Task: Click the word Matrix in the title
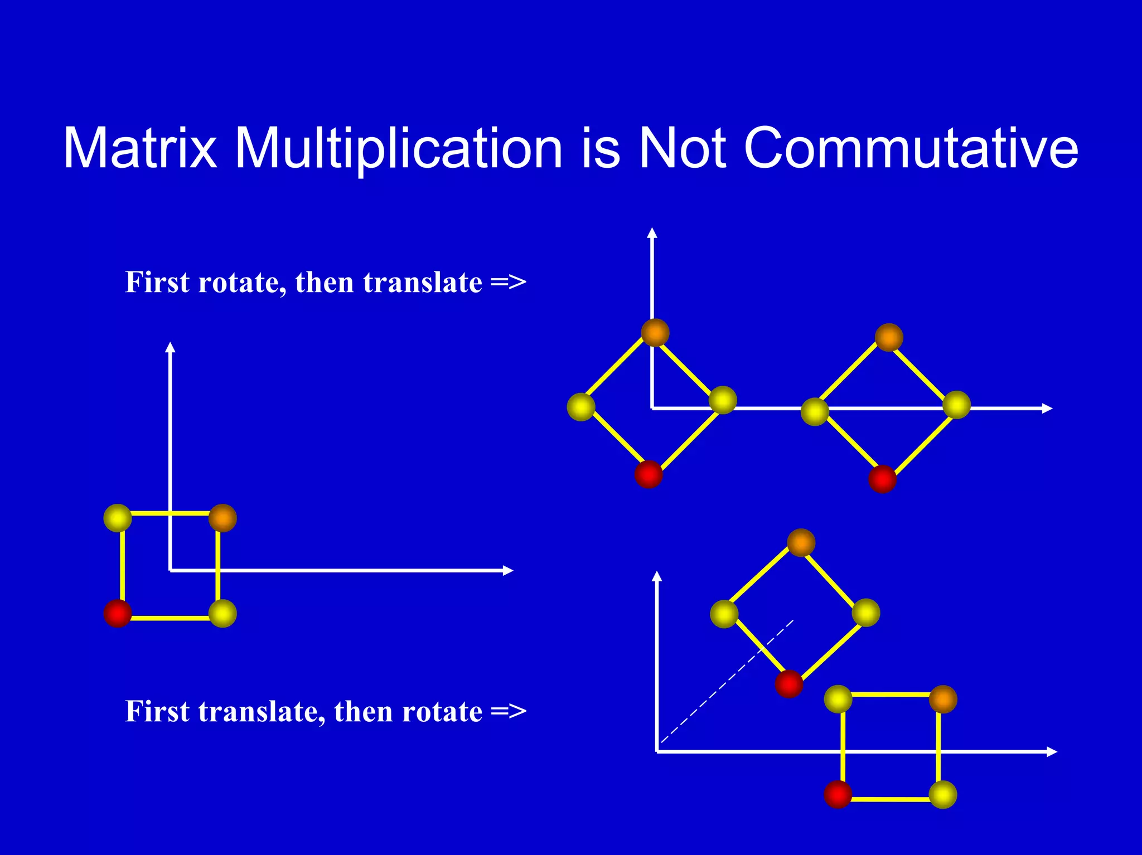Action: point(139,148)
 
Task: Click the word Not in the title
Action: point(682,148)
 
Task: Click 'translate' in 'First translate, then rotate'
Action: point(262,712)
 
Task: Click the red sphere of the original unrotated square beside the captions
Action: point(118,613)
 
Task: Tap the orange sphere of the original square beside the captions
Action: point(222,518)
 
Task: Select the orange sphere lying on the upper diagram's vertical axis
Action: point(655,333)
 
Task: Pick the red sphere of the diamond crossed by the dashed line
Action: point(789,684)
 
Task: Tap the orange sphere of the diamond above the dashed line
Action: point(801,543)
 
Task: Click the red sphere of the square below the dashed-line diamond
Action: point(838,794)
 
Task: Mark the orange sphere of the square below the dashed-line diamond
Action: point(943,699)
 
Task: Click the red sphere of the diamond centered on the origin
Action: point(649,474)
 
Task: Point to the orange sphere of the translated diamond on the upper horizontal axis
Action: point(889,338)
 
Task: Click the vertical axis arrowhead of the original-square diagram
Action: point(171,347)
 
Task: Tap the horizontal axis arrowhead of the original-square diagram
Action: point(507,570)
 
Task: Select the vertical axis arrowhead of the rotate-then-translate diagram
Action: point(652,232)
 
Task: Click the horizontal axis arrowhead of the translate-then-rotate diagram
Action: point(1052,752)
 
